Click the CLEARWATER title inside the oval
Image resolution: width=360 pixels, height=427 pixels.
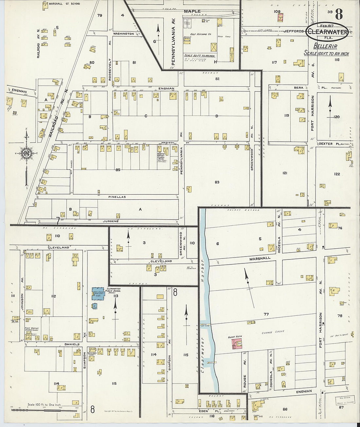(327, 32)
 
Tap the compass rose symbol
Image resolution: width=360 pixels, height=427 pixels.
(26, 153)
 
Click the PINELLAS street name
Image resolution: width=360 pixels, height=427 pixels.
(117, 197)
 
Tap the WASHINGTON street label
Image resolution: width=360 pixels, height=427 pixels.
(123, 34)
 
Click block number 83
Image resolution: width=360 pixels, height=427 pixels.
(217, 182)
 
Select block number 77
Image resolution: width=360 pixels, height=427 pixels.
(266, 314)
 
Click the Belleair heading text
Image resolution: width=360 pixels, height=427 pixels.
(325, 46)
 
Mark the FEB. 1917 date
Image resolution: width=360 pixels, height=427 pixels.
(327, 26)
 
